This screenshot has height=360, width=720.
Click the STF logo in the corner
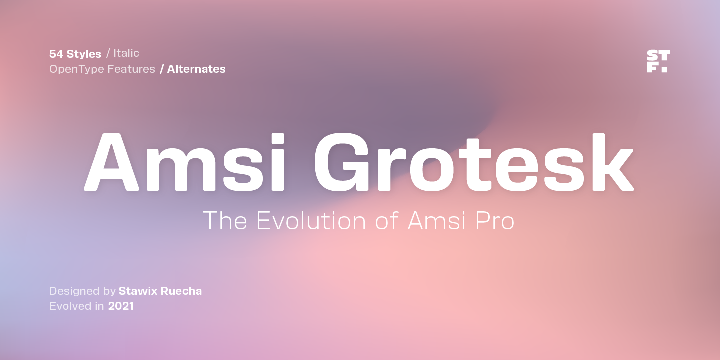point(658,61)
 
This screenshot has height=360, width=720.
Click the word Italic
point(126,53)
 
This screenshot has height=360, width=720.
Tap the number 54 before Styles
point(56,54)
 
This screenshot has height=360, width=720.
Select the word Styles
point(84,54)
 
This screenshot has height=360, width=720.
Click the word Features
point(131,69)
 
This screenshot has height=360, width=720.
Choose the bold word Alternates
point(196,69)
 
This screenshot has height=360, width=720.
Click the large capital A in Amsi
point(111,162)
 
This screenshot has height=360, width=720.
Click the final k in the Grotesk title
point(613,162)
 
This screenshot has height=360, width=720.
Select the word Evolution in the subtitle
point(311,221)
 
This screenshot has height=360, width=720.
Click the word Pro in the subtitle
point(495,221)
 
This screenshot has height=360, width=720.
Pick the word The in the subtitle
point(225,221)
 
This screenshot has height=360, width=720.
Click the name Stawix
point(138,291)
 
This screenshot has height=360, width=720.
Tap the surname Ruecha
point(181,291)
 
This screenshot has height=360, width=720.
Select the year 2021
point(121,306)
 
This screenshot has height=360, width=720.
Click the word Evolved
point(70,306)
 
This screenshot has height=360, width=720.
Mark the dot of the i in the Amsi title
point(277,139)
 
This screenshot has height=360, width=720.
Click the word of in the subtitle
point(387,221)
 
